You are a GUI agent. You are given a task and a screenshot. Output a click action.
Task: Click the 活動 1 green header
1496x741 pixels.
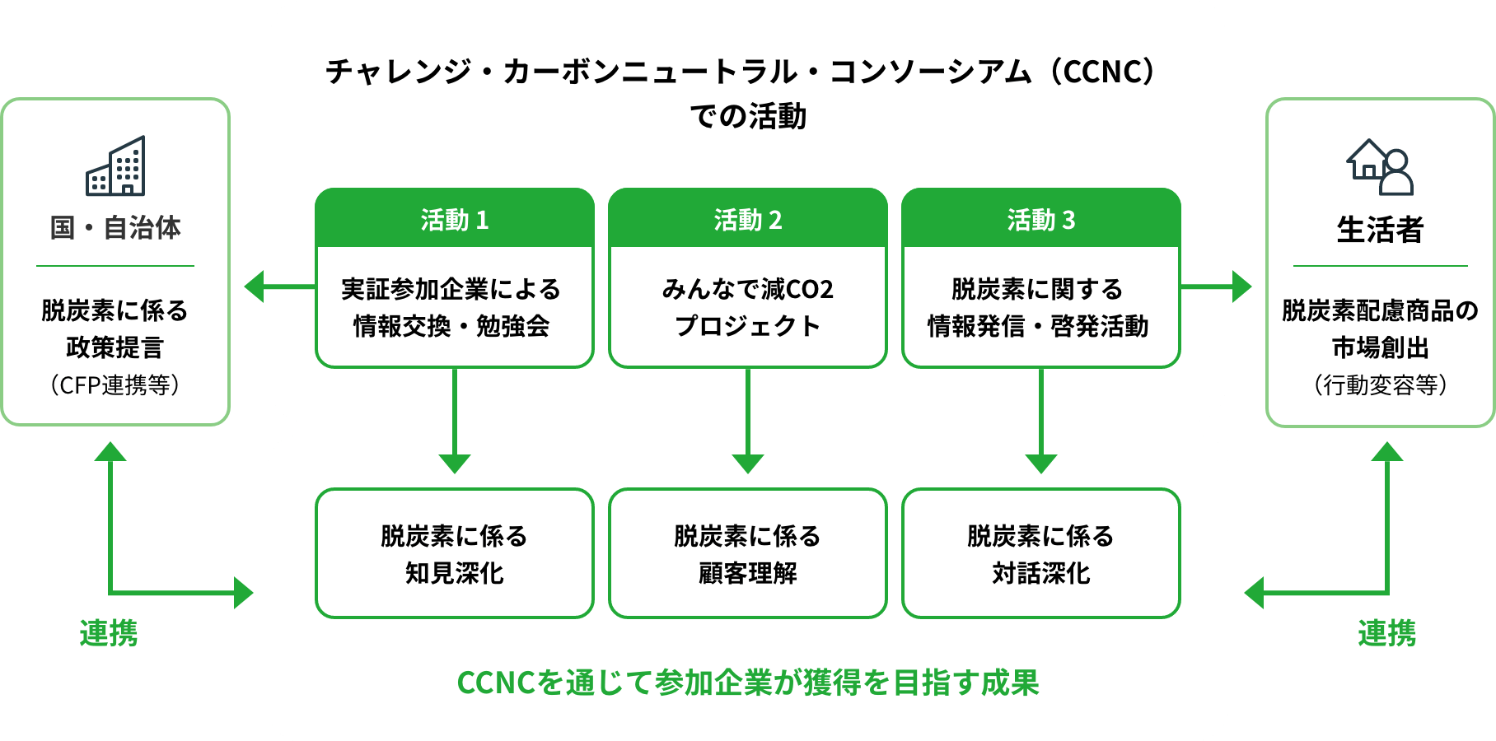click(455, 219)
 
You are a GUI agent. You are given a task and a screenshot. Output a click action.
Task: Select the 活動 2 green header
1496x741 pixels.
click(747, 219)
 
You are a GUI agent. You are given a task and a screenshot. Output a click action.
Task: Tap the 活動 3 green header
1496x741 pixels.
click(1040, 219)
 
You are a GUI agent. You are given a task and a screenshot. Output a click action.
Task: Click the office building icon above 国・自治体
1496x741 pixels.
click(115, 166)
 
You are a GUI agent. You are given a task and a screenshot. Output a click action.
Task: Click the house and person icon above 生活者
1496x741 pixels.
click(1380, 166)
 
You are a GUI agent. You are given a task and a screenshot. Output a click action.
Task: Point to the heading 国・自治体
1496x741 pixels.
click(115, 228)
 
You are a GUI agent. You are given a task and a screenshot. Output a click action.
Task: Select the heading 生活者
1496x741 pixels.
click(1380, 230)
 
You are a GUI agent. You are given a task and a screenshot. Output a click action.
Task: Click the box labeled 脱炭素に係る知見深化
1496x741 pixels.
click(455, 553)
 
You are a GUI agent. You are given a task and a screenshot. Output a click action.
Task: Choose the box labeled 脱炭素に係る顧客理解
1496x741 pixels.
click(747, 553)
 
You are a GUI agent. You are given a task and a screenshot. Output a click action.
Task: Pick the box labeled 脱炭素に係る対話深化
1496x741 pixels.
click(1040, 553)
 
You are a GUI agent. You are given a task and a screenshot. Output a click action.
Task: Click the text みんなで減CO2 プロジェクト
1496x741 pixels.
click(747, 307)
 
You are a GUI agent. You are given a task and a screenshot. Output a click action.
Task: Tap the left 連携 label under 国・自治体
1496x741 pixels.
click(109, 633)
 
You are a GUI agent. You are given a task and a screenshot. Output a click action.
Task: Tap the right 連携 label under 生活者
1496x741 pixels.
click(1387, 633)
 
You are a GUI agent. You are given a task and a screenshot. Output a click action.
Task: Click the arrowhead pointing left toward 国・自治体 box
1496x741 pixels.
click(254, 287)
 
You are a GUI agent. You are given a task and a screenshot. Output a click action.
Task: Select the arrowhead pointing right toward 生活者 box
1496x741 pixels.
click(1242, 287)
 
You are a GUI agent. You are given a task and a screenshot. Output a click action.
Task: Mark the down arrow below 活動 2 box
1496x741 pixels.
click(747, 462)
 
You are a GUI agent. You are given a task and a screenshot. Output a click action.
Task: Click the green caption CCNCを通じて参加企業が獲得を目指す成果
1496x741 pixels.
click(747, 683)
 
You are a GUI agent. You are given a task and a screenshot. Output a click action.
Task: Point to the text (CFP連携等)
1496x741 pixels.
click(115, 384)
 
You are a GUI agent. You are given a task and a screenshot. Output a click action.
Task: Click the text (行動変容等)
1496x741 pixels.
click(1380, 384)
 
